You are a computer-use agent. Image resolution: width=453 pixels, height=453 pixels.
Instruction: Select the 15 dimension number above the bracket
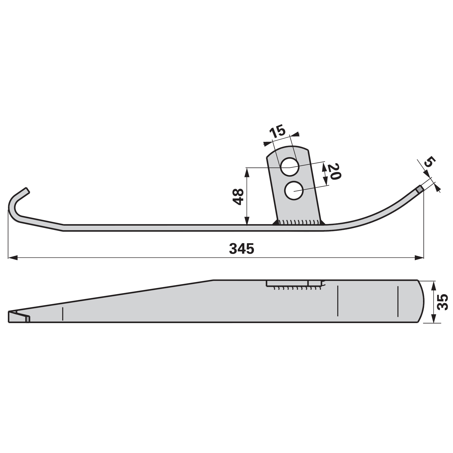(x=277, y=132)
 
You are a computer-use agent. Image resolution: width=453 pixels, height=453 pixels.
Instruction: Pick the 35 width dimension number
(x=443, y=302)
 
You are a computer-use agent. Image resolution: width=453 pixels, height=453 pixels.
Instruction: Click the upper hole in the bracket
(x=290, y=167)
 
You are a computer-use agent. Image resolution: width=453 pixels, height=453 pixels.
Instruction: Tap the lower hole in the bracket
(x=294, y=191)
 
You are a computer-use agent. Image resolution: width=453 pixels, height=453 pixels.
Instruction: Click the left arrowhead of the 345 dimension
(x=13, y=258)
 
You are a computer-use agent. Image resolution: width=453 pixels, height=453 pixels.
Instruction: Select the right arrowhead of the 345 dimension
(x=419, y=258)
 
